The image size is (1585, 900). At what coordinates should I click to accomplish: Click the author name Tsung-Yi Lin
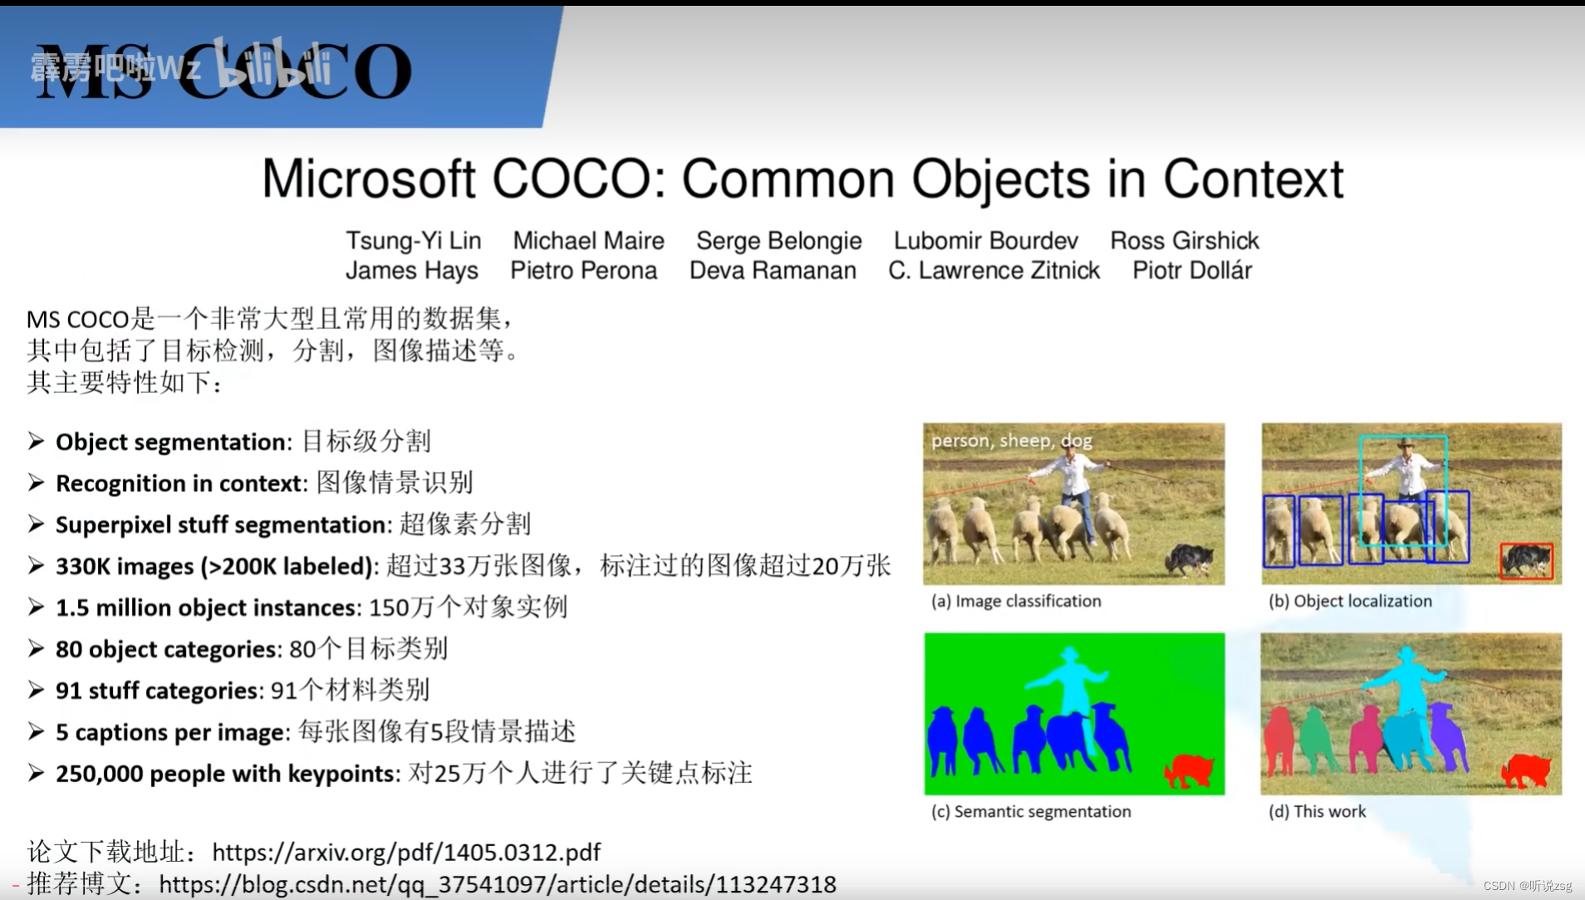pyautogui.click(x=413, y=241)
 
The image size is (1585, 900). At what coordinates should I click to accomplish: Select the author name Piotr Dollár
pyautogui.click(x=1191, y=271)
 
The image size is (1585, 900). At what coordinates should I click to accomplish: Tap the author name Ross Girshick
pyautogui.click(x=1184, y=241)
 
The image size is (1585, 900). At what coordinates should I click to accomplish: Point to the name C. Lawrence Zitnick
pyautogui.click(x=994, y=271)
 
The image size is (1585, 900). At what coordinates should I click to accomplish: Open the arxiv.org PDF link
pyautogui.click(x=406, y=853)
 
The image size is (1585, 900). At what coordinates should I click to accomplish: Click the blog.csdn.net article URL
pyautogui.click(x=497, y=884)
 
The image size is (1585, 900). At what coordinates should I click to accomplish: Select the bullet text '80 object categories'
pyautogui.click(x=166, y=649)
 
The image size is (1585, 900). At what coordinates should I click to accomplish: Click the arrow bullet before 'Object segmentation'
pyautogui.click(x=36, y=441)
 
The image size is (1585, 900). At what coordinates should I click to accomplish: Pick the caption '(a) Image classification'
pyautogui.click(x=1016, y=601)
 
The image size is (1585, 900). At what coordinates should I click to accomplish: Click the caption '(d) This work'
pyautogui.click(x=1317, y=811)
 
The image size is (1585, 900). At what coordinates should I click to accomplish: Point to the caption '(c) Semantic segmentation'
pyautogui.click(x=1031, y=811)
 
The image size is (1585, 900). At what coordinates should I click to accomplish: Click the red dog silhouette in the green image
pyautogui.click(x=1189, y=770)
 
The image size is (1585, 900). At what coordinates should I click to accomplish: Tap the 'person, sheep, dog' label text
pyautogui.click(x=1011, y=440)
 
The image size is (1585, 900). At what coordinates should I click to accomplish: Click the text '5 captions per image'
pyautogui.click(x=170, y=732)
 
